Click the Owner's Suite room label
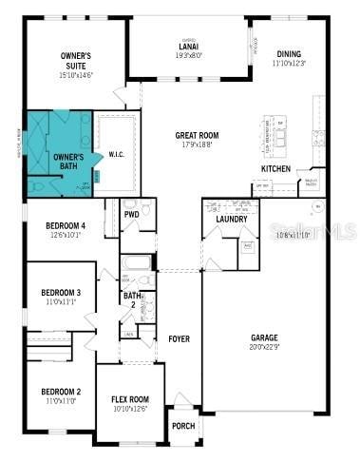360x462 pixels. pyautogui.click(x=76, y=59)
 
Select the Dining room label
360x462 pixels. pyautogui.click(x=289, y=53)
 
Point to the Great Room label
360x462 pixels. pyautogui.click(x=198, y=136)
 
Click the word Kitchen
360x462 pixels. pyautogui.click(x=275, y=168)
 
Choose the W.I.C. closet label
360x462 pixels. pyautogui.click(x=117, y=154)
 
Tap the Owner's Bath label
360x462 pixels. pyautogui.click(x=67, y=161)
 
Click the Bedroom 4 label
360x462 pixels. pyautogui.click(x=66, y=225)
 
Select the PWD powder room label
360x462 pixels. pyautogui.click(x=131, y=215)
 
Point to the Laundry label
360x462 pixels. pyautogui.click(x=232, y=220)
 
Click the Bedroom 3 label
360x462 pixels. pyautogui.click(x=60, y=293)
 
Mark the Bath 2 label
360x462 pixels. pyautogui.click(x=131, y=301)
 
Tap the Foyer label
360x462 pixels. pyautogui.click(x=179, y=338)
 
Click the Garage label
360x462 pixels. pyautogui.click(x=263, y=337)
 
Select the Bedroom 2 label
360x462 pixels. pyautogui.click(x=60, y=392)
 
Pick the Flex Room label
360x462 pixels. pyautogui.click(x=130, y=399)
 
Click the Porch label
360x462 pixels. pyautogui.click(x=182, y=425)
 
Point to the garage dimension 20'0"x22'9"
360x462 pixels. pyautogui.click(x=263, y=348)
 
